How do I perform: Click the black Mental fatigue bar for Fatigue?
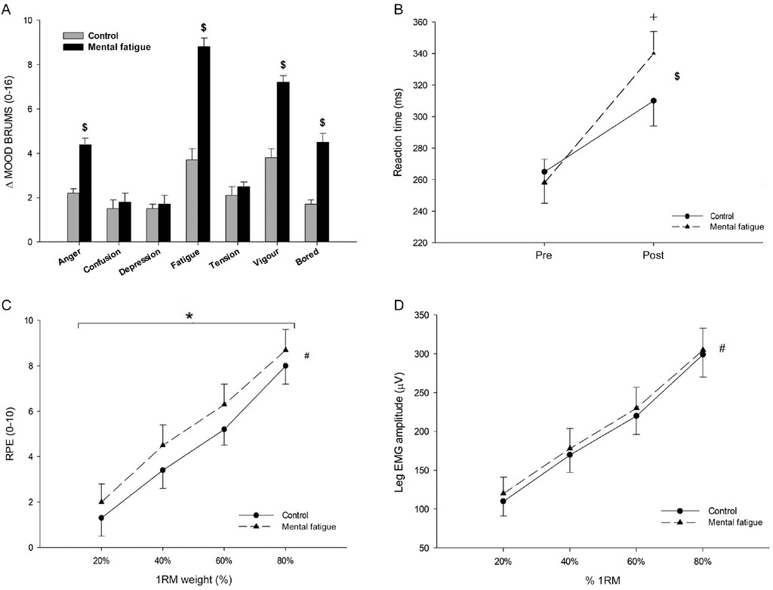[204, 144]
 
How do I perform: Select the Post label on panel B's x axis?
[653, 255]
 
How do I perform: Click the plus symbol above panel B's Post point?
[654, 17]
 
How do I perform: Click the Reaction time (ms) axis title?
[399, 133]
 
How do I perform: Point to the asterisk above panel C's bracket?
[190, 317]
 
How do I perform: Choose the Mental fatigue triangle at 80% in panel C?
[285, 350]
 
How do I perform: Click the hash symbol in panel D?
[722, 348]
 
